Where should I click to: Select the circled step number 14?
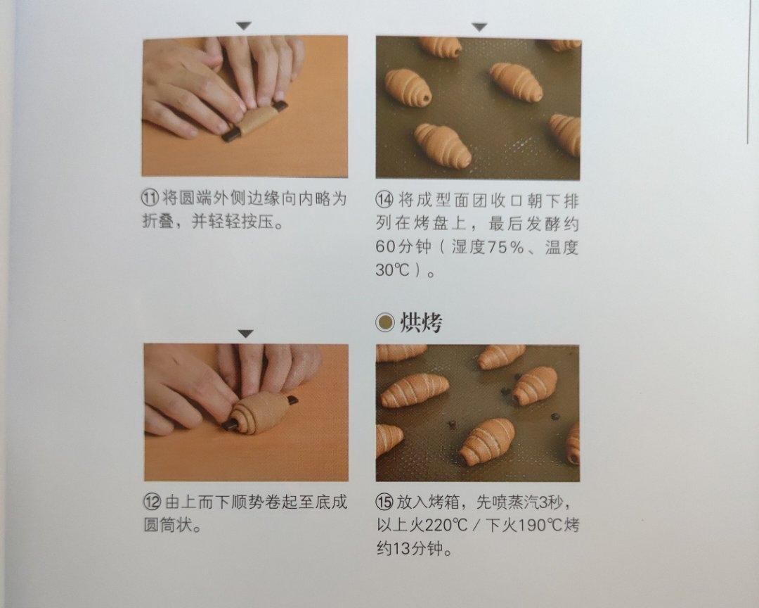pyautogui.click(x=384, y=199)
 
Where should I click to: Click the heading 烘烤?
pyautogui.click(x=421, y=323)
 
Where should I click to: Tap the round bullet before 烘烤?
pyautogui.click(x=384, y=324)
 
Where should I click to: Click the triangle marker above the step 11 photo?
pyautogui.click(x=243, y=26)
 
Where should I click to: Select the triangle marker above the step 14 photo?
pyautogui.click(x=479, y=27)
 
